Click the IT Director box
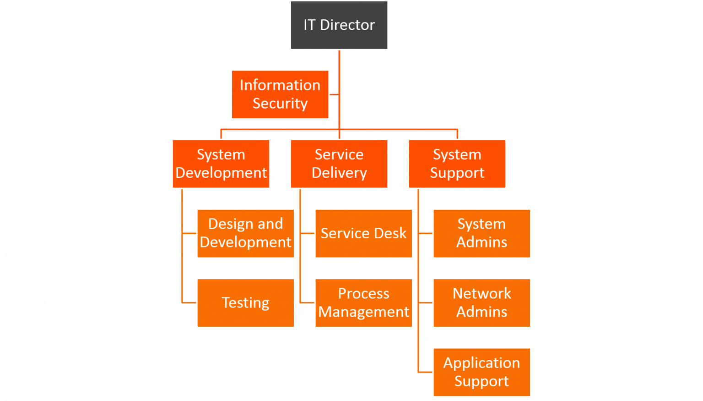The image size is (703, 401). pyautogui.click(x=339, y=25)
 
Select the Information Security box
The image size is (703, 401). pyautogui.click(x=280, y=94)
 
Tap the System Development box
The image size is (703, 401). pyautogui.click(x=221, y=164)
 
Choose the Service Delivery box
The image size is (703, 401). pyautogui.click(x=339, y=164)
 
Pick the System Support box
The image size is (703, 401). pyautogui.click(x=457, y=164)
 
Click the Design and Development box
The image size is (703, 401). pyautogui.click(x=246, y=233)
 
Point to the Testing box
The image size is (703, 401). pyautogui.click(x=246, y=302)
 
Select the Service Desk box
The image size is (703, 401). pyautogui.click(x=364, y=233)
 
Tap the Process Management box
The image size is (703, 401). pyautogui.click(x=364, y=302)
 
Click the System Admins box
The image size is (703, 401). pyautogui.click(x=482, y=233)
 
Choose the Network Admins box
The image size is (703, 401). pyautogui.click(x=482, y=302)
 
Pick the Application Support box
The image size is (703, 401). pyautogui.click(x=482, y=372)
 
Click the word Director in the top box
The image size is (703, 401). pyautogui.click(x=347, y=25)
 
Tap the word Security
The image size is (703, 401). pyautogui.click(x=280, y=104)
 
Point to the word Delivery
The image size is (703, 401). pyautogui.click(x=339, y=173)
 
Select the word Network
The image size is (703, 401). pyautogui.click(x=482, y=293)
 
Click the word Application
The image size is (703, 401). pyautogui.click(x=481, y=363)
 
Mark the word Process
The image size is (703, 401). pyautogui.click(x=364, y=293)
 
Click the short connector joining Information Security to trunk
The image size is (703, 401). pyautogui.click(x=334, y=95)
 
